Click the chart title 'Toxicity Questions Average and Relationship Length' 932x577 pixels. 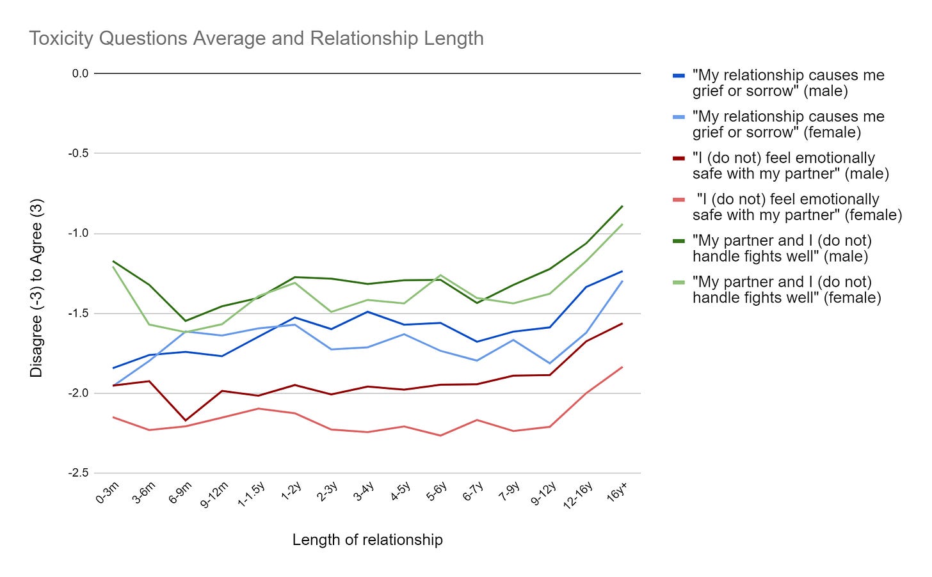(256, 38)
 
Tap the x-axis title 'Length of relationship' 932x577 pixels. (367, 540)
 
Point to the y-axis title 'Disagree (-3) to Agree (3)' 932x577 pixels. (36, 288)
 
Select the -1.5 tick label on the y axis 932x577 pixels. (79, 313)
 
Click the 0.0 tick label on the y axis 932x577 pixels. (81, 74)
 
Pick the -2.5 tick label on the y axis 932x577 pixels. (79, 473)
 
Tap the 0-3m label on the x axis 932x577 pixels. (108, 494)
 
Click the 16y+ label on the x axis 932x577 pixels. (617, 494)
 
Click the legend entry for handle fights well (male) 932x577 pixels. (782, 249)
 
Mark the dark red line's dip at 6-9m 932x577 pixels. (186, 421)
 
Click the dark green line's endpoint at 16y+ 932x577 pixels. (622, 206)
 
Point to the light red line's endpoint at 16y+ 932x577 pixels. (622, 367)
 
